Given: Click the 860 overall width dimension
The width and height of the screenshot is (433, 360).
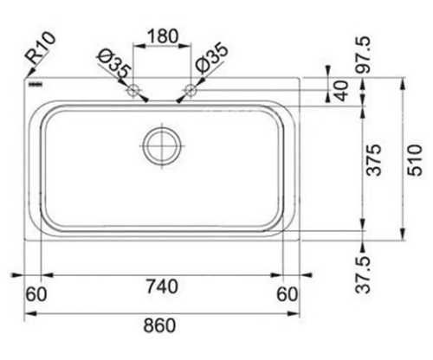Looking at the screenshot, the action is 159,325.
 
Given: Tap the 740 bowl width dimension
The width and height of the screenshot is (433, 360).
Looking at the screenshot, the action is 162,286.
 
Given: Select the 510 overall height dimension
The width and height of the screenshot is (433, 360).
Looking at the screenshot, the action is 415,160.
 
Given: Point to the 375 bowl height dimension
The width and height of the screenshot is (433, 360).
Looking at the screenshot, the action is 374,160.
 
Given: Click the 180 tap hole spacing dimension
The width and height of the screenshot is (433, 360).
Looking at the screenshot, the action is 163,36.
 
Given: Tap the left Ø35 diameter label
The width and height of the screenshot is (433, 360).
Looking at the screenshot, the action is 114,64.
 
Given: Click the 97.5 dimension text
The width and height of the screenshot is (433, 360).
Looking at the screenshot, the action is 363,55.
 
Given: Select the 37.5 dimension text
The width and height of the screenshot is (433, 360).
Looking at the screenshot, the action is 363,275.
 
